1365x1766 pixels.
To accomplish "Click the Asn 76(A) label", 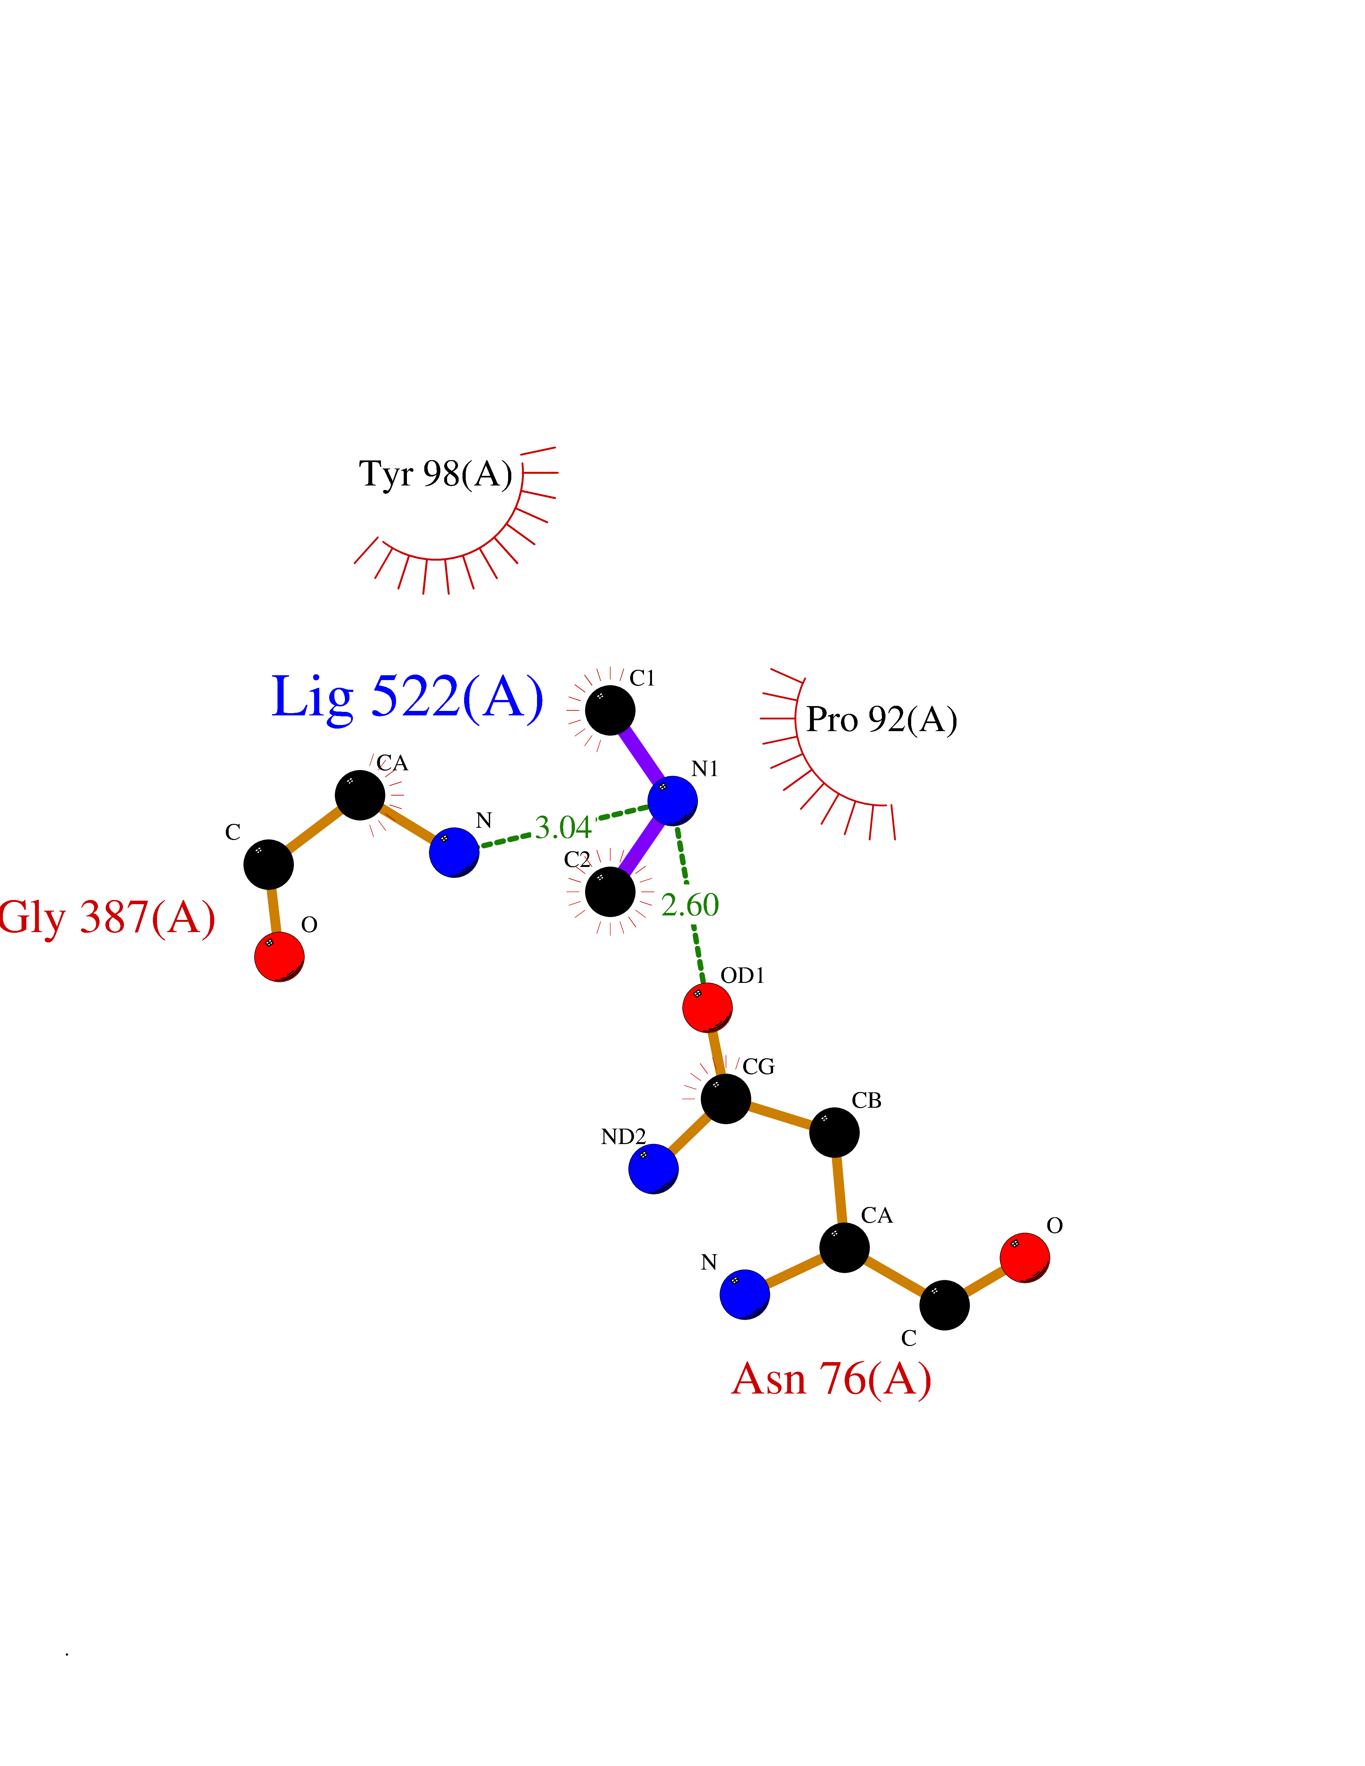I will pos(831,1379).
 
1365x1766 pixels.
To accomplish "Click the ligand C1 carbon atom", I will pos(610,710).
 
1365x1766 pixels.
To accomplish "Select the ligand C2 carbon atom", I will pos(610,892).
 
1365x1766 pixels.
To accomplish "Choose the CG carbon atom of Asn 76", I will pos(725,1098).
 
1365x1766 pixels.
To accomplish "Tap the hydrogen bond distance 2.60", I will pos(690,905).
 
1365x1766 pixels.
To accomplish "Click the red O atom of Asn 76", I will pos(1025,1257).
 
